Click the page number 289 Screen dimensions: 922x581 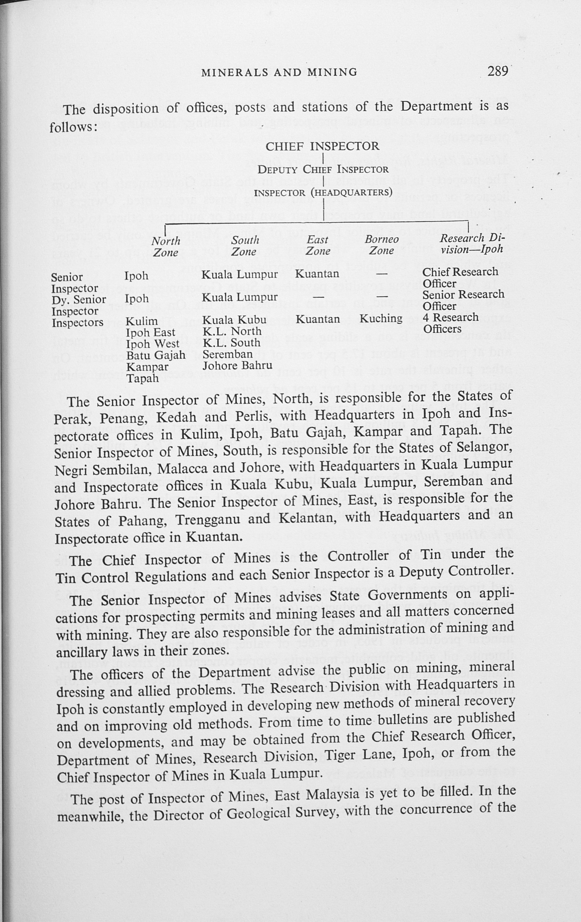point(497,72)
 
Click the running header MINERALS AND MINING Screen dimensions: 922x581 point(279,72)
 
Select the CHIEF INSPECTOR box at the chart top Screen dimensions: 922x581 point(322,146)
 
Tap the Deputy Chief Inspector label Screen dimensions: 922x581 point(323,169)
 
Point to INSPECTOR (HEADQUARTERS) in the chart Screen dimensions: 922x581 point(323,192)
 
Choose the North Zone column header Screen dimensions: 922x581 point(166,247)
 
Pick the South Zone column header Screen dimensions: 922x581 point(244,246)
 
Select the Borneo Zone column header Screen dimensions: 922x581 point(381,245)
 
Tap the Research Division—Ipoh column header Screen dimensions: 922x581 point(472,244)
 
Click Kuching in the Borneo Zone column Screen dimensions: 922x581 point(381,319)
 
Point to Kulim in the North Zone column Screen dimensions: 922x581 point(142,321)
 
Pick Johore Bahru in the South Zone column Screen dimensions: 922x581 point(237,365)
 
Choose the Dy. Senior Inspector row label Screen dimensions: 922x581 point(78,305)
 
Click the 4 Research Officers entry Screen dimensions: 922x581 point(450,323)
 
